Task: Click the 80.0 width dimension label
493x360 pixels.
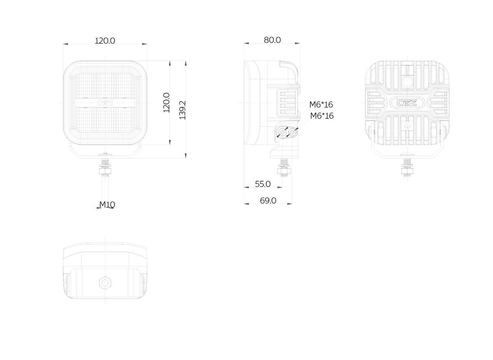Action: (x=272, y=40)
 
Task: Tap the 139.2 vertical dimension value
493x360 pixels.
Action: (x=183, y=110)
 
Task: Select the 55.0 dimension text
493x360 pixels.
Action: (x=263, y=184)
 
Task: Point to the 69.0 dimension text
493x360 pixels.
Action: (x=268, y=201)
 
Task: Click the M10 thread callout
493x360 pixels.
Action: (x=107, y=204)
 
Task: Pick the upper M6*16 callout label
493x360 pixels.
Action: (x=321, y=104)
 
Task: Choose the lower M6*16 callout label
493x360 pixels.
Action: (x=322, y=116)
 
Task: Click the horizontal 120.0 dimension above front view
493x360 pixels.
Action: (x=105, y=41)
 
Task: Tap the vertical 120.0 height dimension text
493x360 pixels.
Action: (x=166, y=103)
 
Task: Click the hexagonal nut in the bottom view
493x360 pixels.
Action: (x=105, y=282)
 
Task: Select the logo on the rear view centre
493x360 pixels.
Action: (x=407, y=103)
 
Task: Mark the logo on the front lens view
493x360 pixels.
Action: (x=105, y=103)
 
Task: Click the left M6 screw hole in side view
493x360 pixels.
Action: (x=282, y=132)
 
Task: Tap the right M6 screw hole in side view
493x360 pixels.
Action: (x=292, y=132)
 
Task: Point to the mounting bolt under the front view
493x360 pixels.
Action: (x=105, y=167)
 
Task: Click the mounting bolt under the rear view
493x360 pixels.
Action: (x=407, y=167)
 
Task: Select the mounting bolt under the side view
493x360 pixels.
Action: (x=284, y=167)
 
